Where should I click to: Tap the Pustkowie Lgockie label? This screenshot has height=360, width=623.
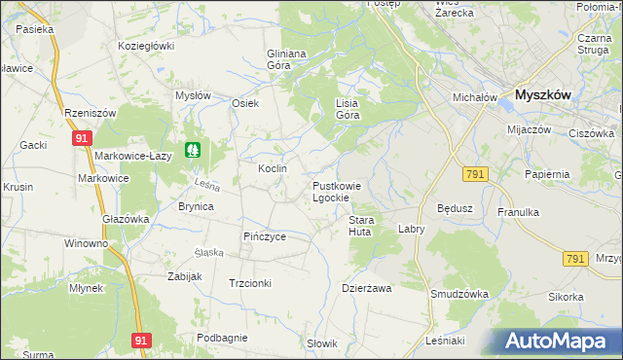tap(337, 191)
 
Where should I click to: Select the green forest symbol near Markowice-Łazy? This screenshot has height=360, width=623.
tap(195, 151)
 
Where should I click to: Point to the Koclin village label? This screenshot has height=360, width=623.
tap(272, 168)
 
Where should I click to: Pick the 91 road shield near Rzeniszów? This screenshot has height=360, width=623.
tap(81, 139)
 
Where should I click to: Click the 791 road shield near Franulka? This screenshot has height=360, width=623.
tap(574, 259)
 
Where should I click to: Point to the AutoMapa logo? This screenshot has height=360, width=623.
tap(555, 341)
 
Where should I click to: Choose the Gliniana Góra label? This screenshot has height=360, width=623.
tap(286, 59)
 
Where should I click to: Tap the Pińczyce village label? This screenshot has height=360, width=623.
tap(264, 236)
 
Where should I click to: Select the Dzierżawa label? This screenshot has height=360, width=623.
tap(366, 288)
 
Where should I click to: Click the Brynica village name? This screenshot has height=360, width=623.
tap(196, 206)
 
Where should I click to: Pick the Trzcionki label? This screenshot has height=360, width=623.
tap(249, 283)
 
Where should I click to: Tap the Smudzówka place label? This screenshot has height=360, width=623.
tap(458, 293)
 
